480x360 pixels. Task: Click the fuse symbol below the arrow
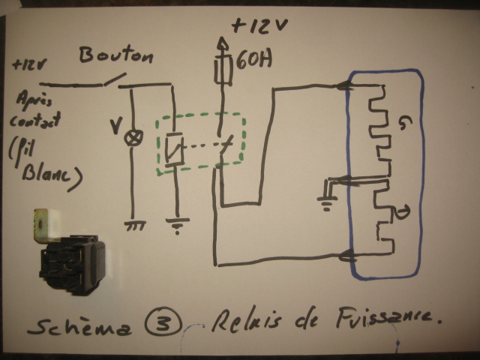220,71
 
